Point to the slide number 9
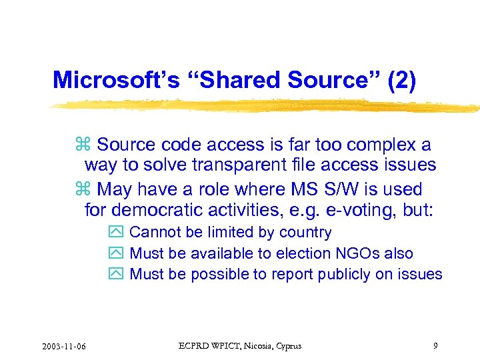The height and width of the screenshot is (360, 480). (x=435, y=345)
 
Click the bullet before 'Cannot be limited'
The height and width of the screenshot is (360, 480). (x=113, y=233)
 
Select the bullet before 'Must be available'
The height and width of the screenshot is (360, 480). (x=113, y=254)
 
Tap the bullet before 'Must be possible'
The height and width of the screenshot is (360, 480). (x=113, y=275)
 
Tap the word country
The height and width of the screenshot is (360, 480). (x=305, y=233)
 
